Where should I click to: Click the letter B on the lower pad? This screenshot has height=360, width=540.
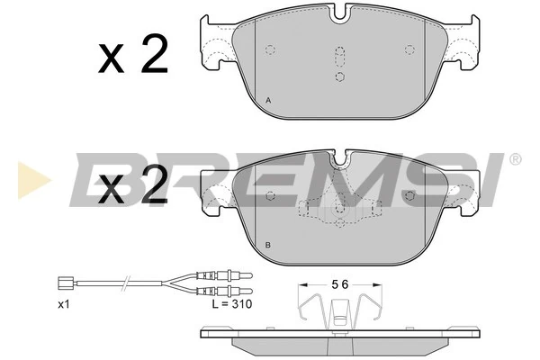pos(269,245)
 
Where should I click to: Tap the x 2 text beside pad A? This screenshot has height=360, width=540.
pos(133,56)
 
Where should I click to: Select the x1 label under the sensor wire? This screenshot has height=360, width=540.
pos(63,305)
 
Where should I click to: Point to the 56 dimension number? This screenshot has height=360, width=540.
pos(338,283)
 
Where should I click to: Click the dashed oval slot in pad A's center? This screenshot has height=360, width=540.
pos(339,57)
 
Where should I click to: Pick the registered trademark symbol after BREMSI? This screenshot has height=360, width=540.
pos(515,160)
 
